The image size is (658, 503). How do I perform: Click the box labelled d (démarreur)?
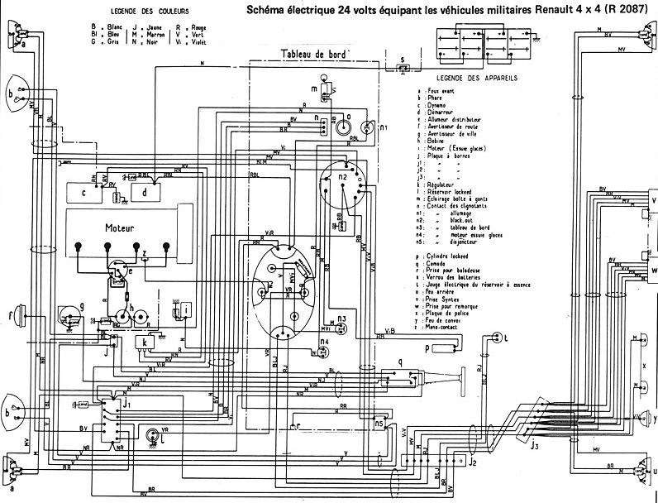tap(145, 193)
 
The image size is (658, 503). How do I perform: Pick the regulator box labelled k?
tap(145, 343)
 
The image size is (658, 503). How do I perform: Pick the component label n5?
tap(379, 423)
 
